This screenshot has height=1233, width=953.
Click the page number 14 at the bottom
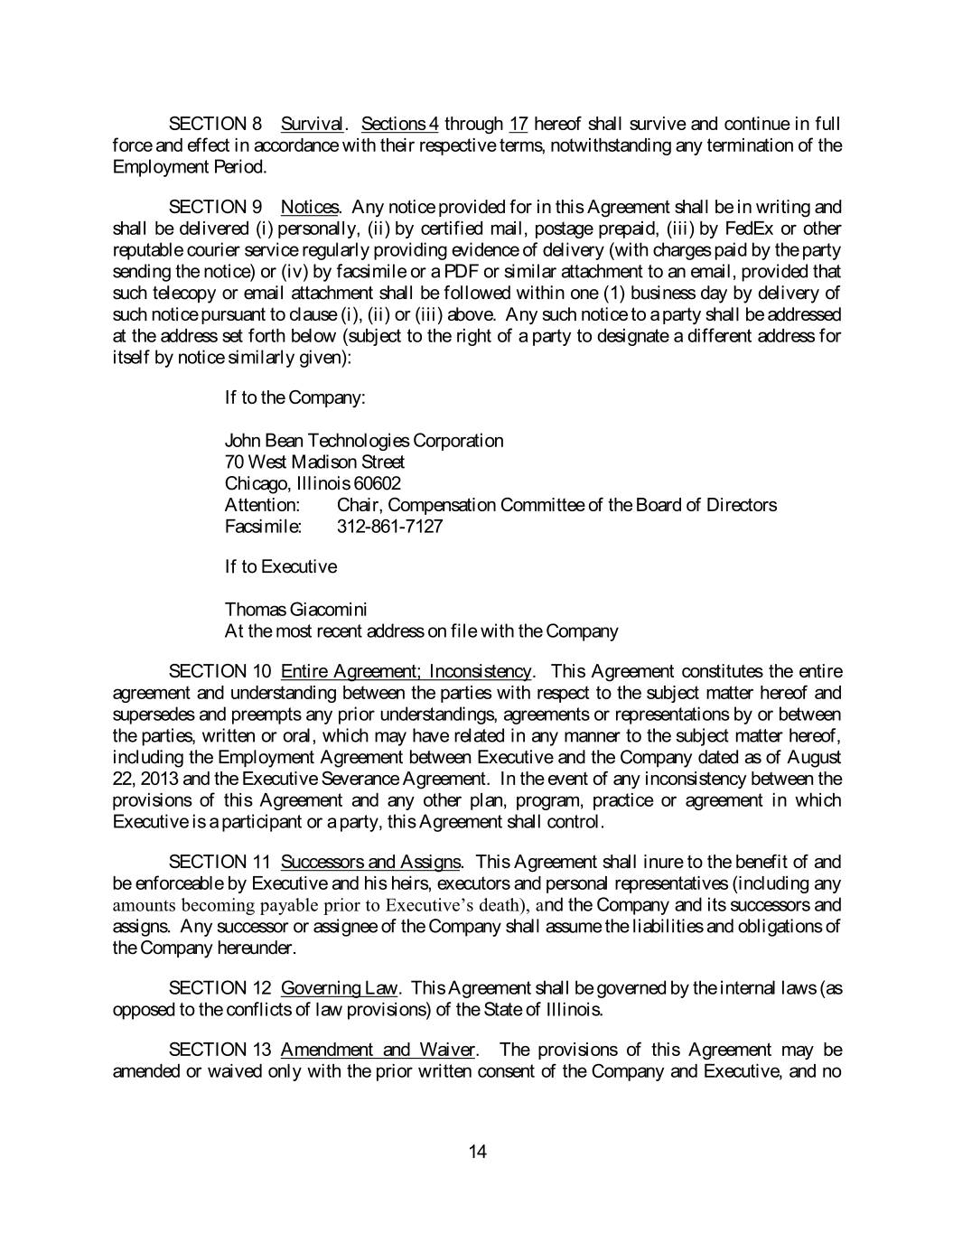coord(478,1151)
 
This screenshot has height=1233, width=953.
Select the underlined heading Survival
coord(312,124)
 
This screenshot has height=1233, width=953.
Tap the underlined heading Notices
coord(310,207)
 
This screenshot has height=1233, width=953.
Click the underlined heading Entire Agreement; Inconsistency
coord(406,671)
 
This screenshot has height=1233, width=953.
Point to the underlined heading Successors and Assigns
coord(370,862)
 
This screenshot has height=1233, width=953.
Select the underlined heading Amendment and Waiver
coord(378,1050)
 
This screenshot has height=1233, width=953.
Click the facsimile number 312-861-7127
coord(389,526)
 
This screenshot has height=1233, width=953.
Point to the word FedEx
coord(749,229)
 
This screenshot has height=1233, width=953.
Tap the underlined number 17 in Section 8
coord(519,124)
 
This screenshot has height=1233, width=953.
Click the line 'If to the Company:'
coord(294,397)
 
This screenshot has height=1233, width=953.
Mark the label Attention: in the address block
coord(262,505)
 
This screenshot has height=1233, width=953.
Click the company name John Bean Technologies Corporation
coord(364,441)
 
